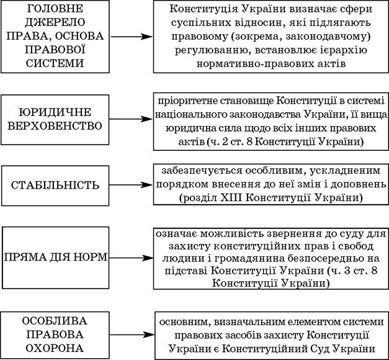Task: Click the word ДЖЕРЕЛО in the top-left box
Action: pyautogui.click(x=55, y=22)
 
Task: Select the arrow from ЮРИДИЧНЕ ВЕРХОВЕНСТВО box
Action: pyautogui.click(x=131, y=119)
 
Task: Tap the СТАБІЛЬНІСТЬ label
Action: pyautogui.click(x=55, y=186)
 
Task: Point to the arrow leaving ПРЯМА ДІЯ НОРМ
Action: pyautogui.click(x=132, y=258)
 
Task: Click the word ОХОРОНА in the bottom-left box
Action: pyautogui.click(x=55, y=348)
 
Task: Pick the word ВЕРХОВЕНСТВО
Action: pyautogui.click(x=55, y=126)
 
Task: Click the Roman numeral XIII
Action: pyautogui.click(x=231, y=198)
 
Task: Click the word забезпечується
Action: pyautogui.click(x=202, y=171)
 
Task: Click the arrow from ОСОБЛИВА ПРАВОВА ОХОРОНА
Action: pyautogui.click(x=132, y=335)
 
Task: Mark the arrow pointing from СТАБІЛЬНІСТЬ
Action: pyautogui.click(x=131, y=185)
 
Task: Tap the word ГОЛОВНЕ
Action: pyautogui.click(x=55, y=9)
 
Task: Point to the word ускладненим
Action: pyautogui.click(x=345, y=171)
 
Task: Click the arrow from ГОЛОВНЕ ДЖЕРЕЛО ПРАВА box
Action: pyautogui.click(x=132, y=37)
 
